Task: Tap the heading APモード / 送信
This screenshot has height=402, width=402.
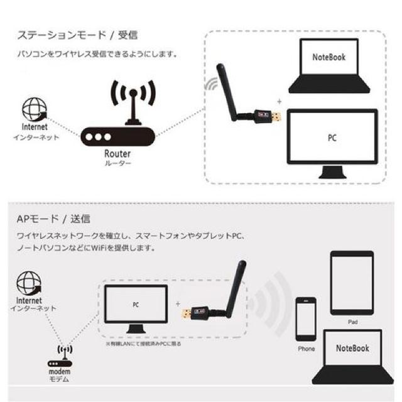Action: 53,219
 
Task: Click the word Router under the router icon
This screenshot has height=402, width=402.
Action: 117,153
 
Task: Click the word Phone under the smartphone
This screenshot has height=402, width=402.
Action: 307,349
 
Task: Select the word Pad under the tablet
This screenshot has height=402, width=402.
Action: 352,320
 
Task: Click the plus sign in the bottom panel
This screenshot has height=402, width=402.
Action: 177,303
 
